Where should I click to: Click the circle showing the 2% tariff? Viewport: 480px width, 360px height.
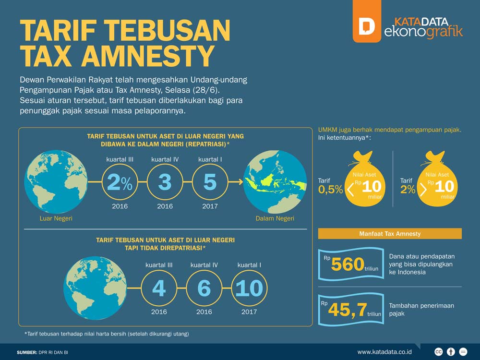point(120,182)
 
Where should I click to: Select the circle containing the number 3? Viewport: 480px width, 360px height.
point(165,182)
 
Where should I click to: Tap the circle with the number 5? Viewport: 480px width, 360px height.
point(210,182)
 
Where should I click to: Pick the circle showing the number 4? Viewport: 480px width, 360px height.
point(159,288)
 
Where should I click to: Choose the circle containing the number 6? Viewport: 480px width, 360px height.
point(204,288)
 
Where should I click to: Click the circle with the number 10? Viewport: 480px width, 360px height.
point(249,288)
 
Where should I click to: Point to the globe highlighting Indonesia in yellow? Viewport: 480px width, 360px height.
point(275,182)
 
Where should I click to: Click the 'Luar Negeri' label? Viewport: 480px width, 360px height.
point(56,219)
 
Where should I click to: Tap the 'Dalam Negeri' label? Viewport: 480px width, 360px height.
point(275,219)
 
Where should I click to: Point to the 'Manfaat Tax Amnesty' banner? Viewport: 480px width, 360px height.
point(390,234)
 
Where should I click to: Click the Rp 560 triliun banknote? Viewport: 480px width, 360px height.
point(350,264)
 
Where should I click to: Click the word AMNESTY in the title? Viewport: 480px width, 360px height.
point(147,56)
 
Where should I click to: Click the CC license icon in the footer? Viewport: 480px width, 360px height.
point(438,352)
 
